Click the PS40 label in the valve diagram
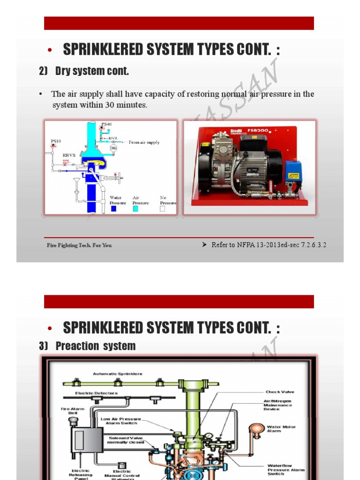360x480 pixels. point(107,124)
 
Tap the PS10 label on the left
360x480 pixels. point(56,141)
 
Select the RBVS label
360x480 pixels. point(68,154)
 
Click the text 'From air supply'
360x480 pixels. point(144,142)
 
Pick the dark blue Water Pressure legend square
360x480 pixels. point(114,209)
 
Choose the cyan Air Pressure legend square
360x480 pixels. point(136,209)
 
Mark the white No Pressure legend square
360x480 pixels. point(163,209)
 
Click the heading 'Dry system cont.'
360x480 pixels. point(91,71)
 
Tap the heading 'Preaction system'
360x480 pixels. point(95,346)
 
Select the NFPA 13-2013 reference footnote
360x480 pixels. point(269,245)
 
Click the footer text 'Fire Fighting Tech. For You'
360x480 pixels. point(79,245)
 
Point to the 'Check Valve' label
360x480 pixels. point(280,392)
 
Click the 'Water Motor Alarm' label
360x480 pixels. point(281,429)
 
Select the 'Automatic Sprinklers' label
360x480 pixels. point(118,374)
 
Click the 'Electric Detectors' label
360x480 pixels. point(97,393)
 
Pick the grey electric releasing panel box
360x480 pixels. point(86,440)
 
